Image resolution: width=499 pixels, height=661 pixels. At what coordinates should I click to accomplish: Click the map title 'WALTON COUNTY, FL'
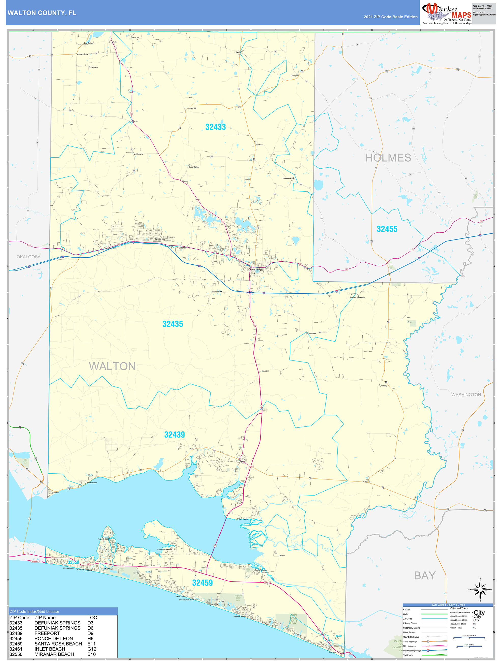click(x=42, y=13)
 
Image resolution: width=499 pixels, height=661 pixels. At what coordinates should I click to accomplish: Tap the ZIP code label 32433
click(x=215, y=127)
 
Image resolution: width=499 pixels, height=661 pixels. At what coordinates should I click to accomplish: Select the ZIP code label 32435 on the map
click(x=173, y=324)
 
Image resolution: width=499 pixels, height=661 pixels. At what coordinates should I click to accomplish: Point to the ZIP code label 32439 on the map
click(x=174, y=435)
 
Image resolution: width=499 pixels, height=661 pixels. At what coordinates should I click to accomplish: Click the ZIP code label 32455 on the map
click(x=387, y=229)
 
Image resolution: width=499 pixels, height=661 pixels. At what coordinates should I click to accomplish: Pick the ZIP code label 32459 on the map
click(x=202, y=583)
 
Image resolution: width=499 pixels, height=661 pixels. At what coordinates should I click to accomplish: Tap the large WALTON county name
click(x=112, y=366)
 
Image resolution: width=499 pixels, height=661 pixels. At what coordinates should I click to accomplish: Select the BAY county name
click(x=424, y=576)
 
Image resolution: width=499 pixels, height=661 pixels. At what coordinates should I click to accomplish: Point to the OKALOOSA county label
click(x=28, y=257)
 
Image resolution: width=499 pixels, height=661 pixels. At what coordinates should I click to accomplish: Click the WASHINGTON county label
click(x=466, y=395)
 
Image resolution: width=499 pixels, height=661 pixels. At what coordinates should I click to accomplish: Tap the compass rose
click(x=480, y=590)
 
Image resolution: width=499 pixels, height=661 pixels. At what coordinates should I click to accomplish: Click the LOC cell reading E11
click(x=91, y=644)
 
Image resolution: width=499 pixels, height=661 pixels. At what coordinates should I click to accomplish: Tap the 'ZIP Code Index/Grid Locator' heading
click(x=34, y=612)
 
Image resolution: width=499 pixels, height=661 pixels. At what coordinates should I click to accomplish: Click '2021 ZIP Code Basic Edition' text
click(x=390, y=17)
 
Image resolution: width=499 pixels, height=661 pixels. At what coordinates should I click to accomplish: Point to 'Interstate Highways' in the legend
click(x=412, y=651)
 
